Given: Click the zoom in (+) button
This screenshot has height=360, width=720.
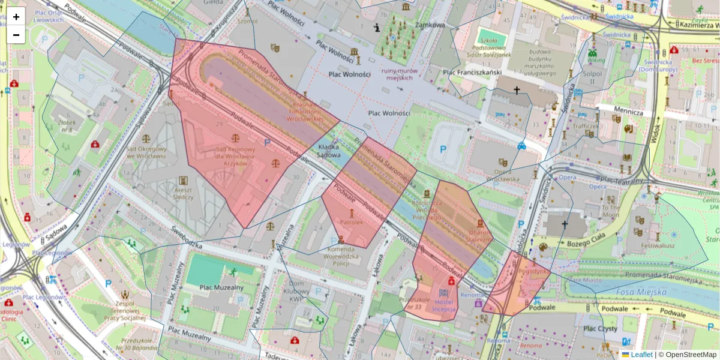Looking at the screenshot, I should [16, 17].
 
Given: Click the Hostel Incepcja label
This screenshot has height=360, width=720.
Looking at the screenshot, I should [444, 305].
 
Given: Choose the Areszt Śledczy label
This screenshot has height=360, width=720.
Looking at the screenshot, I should [183, 192].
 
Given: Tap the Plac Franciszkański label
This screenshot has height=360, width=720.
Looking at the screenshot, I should [472, 73].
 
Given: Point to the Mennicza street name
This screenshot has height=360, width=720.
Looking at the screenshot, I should [628, 112].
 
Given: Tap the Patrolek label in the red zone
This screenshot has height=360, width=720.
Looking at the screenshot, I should [352, 222].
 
